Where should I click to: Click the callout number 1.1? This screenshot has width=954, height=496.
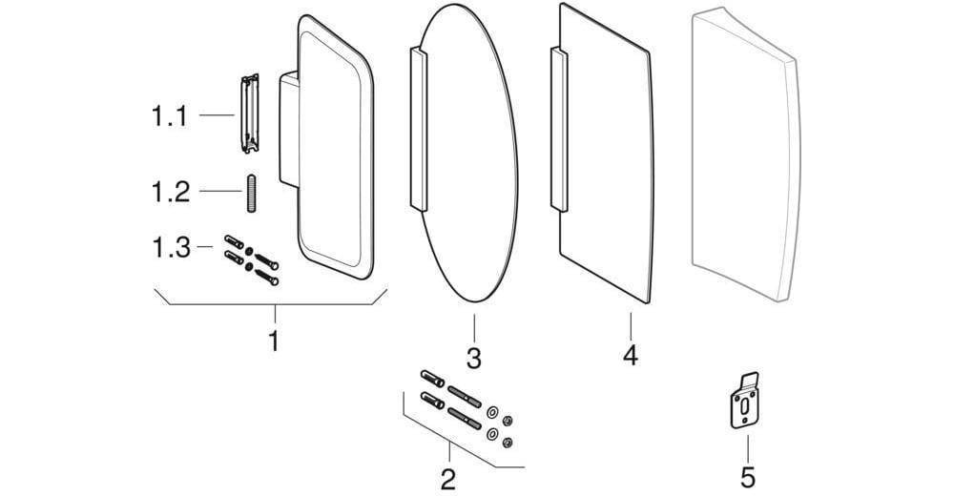170,115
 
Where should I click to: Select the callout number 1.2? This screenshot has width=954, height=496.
171,192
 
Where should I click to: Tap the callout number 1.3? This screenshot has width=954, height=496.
171,248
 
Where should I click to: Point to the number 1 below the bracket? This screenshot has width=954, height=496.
275,341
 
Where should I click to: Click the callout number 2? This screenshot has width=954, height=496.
447,480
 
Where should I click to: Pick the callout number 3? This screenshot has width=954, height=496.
474,358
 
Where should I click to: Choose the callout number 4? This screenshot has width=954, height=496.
631,355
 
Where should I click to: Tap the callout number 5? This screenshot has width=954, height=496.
748,477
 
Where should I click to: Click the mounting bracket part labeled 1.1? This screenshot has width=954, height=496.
250,114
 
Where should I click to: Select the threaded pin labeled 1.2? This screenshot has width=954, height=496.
251,194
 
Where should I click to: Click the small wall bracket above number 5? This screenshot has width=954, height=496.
745,401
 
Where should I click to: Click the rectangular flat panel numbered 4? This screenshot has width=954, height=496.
606,153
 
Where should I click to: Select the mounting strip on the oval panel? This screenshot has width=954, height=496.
419,129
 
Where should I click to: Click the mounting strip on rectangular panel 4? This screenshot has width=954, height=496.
558,129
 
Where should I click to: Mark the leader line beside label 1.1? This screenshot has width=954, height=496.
218,115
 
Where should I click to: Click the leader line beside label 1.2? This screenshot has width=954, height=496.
221,192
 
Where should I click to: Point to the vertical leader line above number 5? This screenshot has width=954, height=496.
748,447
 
